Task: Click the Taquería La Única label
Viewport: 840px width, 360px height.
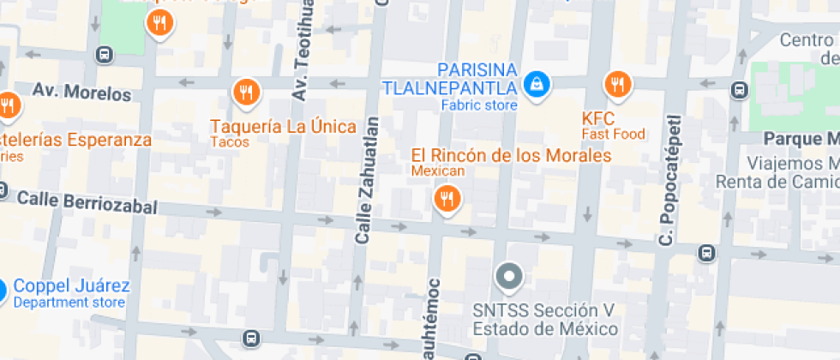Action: (284, 127)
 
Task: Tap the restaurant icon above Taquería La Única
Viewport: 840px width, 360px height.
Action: (246, 90)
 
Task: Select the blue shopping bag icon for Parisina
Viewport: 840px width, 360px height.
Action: (537, 84)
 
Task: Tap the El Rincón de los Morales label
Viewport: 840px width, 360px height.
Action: (511, 156)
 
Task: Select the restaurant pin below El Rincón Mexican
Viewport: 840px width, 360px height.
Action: (446, 200)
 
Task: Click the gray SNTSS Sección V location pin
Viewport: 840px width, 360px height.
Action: (510, 277)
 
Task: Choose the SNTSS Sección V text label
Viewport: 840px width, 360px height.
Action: (545, 319)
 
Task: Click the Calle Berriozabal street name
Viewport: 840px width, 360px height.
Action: (87, 202)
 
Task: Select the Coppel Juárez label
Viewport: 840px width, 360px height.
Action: (72, 286)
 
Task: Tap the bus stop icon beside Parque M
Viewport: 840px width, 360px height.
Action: (738, 89)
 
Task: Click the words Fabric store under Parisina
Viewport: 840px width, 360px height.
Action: (479, 105)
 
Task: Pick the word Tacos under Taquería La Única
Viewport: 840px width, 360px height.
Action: (230, 142)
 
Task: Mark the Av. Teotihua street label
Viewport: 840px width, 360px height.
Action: (301, 51)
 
